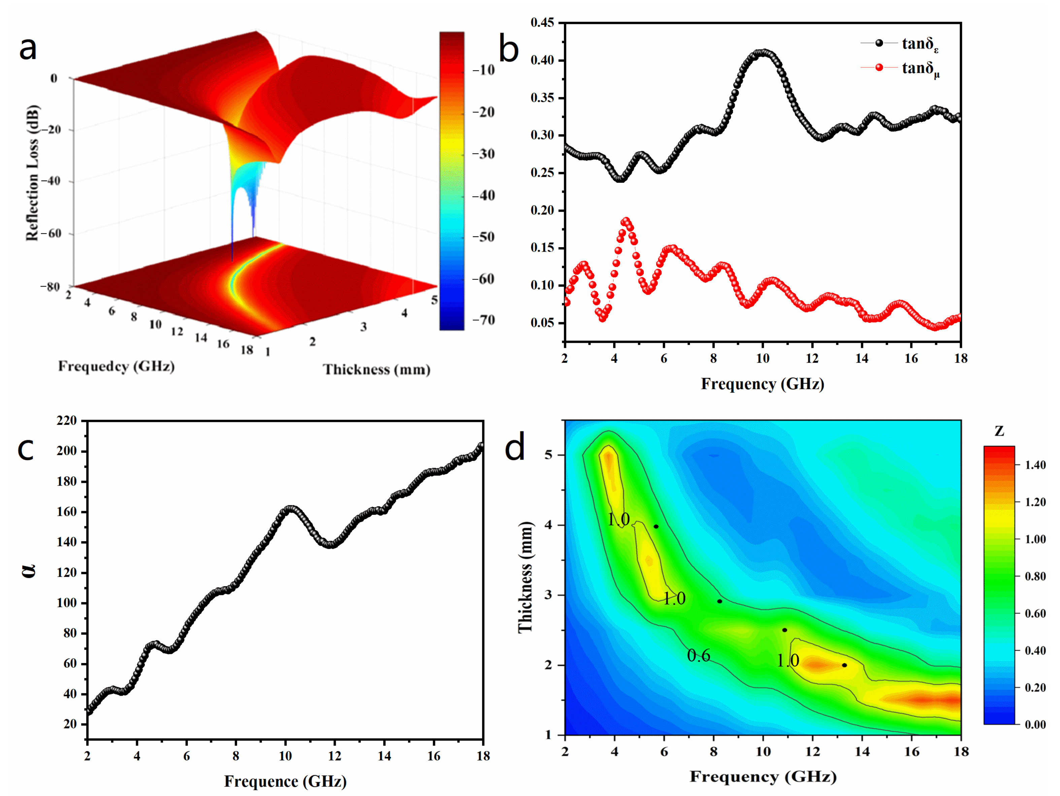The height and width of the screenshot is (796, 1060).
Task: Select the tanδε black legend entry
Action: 920,44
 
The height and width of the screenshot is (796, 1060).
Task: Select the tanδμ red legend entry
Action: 920,68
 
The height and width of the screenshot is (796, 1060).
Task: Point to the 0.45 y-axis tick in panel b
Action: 542,23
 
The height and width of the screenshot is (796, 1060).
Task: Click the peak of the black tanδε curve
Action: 763,53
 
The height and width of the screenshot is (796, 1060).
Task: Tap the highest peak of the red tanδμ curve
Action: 626,221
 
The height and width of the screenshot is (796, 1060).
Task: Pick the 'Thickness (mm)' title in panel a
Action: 376,369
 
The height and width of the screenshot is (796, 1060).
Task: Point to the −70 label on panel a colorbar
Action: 483,320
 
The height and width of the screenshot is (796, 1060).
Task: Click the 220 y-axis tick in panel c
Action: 67,421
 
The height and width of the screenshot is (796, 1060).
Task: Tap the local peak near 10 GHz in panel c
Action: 290,508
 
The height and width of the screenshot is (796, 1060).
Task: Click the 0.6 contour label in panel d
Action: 698,656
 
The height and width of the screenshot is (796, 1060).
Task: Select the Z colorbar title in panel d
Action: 999,431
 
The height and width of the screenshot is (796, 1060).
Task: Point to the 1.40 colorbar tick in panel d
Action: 1035,465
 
